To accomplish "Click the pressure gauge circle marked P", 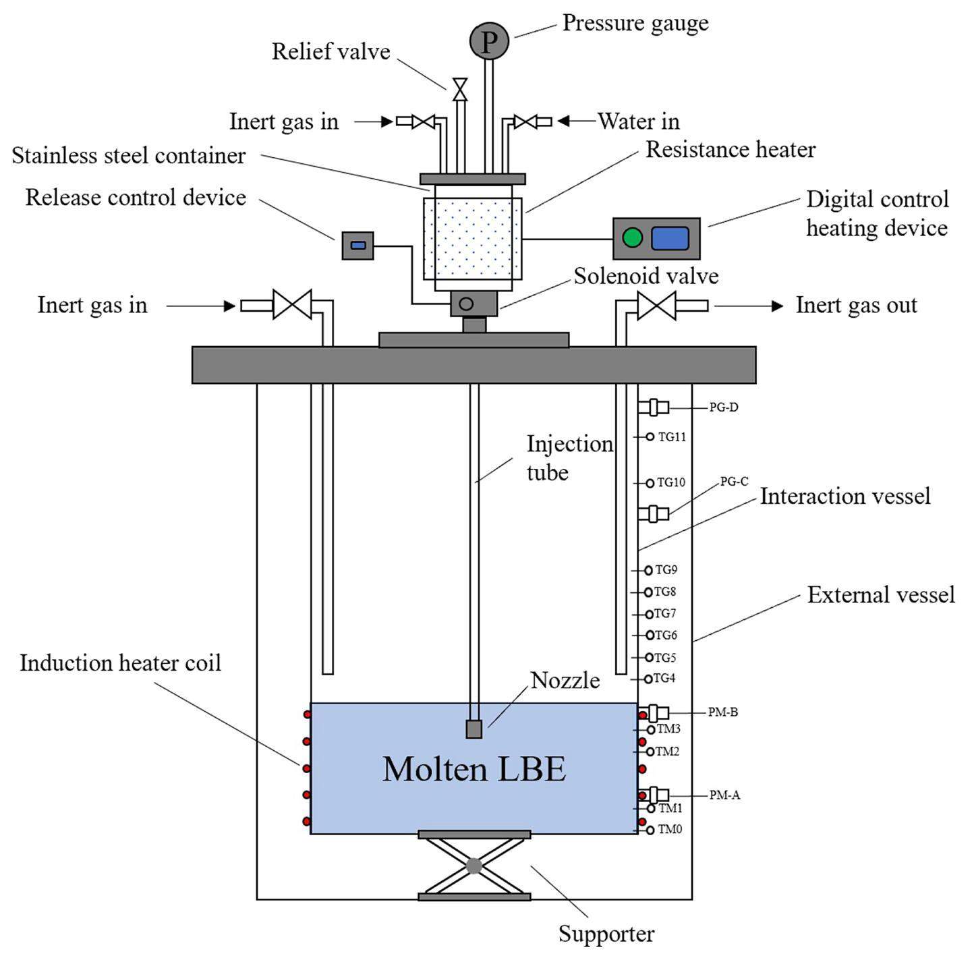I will tap(488, 41).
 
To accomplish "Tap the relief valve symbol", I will tap(460, 89).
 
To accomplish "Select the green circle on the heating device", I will tap(632, 237).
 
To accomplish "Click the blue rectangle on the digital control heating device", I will tap(670, 238).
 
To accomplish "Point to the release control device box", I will tap(357, 245).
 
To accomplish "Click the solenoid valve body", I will tap(474, 304).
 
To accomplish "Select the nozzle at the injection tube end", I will tap(474, 729).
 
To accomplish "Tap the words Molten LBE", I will tap(474, 769).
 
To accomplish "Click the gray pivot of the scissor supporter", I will tap(474, 866).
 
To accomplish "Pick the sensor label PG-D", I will tap(723, 407).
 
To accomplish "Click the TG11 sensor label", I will tap(672, 437).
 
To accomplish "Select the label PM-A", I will tap(724, 795).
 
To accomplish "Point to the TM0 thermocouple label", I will tap(670, 830).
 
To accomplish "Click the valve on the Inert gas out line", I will tap(656, 306).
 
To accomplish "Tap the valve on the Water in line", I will tap(524, 121).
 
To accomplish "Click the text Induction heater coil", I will tap(120, 663).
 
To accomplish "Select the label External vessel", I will tap(881, 595).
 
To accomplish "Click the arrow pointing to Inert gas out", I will tap(749, 306).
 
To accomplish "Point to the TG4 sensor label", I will tap(664, 678).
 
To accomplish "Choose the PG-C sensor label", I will tap(734, 482).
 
